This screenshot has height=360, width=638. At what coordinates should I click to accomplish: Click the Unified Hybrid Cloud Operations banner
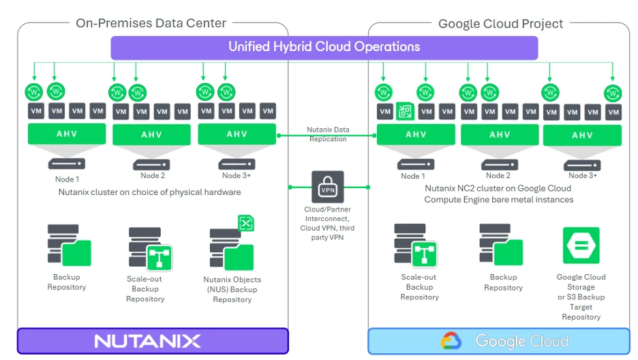324,47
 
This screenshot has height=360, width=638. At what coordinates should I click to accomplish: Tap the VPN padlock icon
328,187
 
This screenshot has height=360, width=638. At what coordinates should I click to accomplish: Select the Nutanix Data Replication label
328,134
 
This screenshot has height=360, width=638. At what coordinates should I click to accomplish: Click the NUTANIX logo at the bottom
147,341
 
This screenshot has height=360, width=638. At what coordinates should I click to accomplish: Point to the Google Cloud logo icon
451,341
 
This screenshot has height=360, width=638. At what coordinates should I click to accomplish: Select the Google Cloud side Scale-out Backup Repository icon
416,243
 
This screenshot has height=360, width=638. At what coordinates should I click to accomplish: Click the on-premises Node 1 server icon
67,164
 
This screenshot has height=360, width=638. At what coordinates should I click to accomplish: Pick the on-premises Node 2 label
153,176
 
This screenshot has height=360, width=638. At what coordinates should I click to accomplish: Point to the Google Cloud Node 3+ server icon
582,164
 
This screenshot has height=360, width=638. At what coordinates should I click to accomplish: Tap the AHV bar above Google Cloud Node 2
500,135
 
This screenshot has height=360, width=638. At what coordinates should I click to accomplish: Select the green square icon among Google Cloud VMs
404,111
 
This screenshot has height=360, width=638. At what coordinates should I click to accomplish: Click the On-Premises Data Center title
151,23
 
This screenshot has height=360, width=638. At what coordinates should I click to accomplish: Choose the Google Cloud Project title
500,24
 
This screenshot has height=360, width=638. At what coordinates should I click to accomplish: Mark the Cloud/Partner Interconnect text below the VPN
327,218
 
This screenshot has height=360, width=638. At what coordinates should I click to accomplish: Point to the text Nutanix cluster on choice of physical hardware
150,192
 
